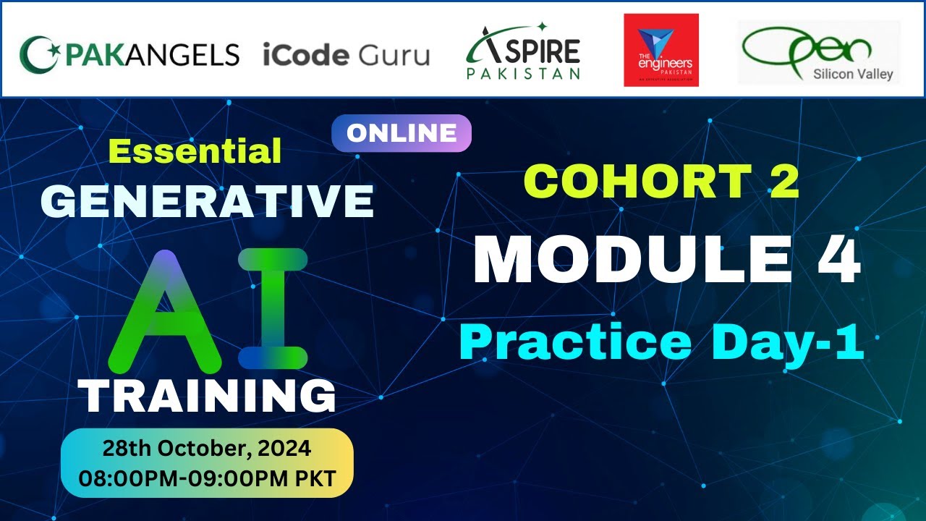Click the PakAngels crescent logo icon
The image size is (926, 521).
[x=36, y=54]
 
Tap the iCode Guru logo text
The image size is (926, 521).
[x=346, y=55]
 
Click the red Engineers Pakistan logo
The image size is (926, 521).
[x=661, y=50]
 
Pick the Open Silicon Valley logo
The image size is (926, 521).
[x=818, y=52]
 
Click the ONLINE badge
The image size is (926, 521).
[x=402, y=133]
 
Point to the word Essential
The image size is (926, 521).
[x=195, y=151]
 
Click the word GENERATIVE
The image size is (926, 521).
[x=208, y=200]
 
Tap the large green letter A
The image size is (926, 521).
[x=166, y=310]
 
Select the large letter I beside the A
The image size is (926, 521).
[x=273, y=310]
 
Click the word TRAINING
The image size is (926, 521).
[x=208, y=397]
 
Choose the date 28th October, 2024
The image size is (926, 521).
[x=207, y=449]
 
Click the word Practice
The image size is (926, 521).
[x=575, y=343]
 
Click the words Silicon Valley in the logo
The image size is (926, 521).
[x=853, y=74]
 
